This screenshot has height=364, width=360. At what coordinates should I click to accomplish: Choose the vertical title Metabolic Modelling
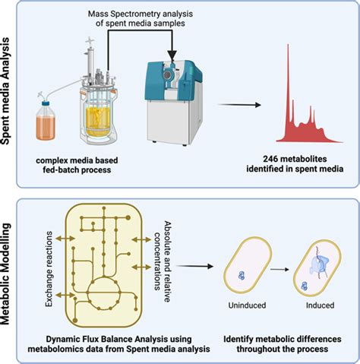(11, 277)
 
